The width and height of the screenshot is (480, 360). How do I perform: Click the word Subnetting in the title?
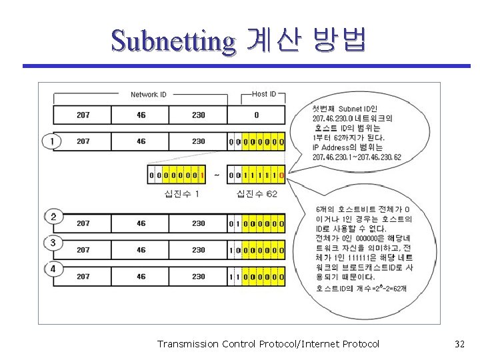(x=173, y=41)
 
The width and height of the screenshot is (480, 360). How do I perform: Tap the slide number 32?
(x=459, y=344)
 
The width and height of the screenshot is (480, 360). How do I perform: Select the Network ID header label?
(x=149, y=95)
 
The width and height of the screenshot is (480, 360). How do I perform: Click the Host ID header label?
(x=264, y=94)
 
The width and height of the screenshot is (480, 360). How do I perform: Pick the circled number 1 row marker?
(x=52, y=141)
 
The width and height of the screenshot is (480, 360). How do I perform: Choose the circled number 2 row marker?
(x=52, y=217)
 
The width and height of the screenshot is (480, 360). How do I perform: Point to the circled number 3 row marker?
(x=52, y=243)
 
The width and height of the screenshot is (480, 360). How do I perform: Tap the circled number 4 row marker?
(x=52, y=269)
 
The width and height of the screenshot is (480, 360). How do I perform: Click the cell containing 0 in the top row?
(x=256, y=115)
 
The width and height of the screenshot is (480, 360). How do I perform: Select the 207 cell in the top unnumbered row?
(x=83, y=115)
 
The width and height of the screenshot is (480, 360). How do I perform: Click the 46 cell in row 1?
(x=141, y=141)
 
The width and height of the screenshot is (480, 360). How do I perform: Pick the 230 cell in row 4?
(x=199, y=276)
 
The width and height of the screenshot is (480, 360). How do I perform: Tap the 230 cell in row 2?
(x=199, y=223)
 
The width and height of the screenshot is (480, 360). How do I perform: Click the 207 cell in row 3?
(x=83, y=250)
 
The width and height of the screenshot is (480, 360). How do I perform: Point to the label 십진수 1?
(x=181, y=193)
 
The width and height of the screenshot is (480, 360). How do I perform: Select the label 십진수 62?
(x=257, y=193)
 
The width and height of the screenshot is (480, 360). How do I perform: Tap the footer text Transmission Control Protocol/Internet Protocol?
(x=268, y=344)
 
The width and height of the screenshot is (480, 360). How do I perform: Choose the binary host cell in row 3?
(x=256, y=250)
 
